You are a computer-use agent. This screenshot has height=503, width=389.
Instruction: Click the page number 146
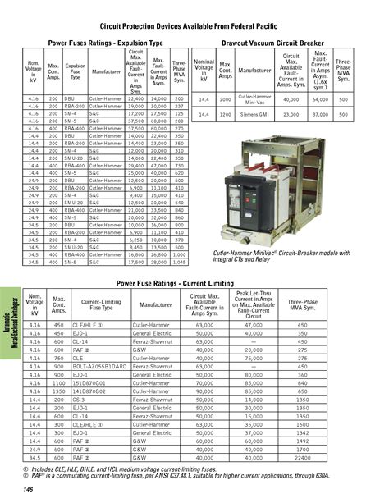(27, 490)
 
